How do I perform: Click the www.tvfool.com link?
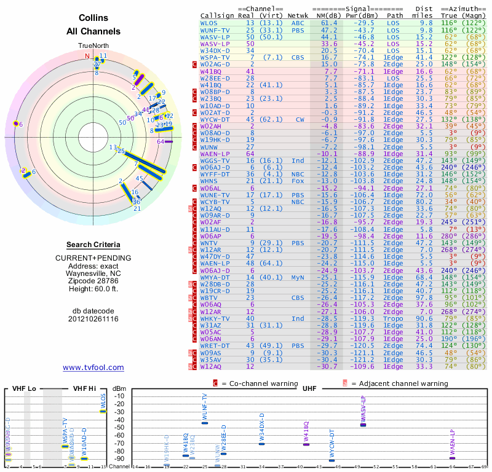point(93,368)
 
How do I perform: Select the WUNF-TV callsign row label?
point(215,29)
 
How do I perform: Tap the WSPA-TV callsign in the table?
point(215,57)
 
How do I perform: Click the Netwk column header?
point(298,16)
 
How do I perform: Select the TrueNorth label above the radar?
point(93,46)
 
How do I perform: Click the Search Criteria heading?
point(93,245)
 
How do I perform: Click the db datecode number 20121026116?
point(93,320)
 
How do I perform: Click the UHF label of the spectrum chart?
point(309,388)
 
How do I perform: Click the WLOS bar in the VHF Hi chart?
point(103,411)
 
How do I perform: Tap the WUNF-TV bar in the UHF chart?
point(205,423)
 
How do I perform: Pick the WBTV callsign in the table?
point(210,298)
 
